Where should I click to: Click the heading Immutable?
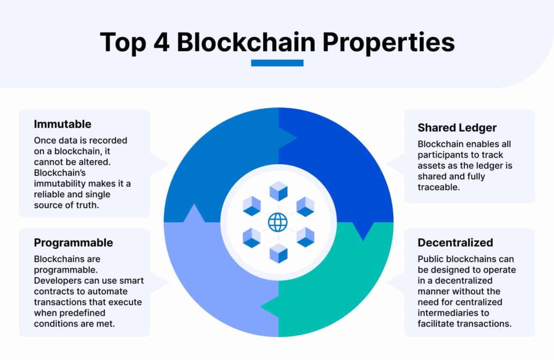[63, 124]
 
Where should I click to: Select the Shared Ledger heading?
[457, 128]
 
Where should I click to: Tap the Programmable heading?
[73, 243]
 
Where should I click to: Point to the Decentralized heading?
[455, 243]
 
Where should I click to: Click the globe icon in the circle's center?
[278, 222]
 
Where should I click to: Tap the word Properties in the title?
[388, 42]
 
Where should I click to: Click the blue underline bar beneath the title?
[277, 63]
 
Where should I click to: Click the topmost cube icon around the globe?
[278, 191]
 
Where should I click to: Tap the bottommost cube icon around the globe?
[278, 253]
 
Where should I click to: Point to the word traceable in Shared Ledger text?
[438, 187]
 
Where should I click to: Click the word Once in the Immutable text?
[45, 141]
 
